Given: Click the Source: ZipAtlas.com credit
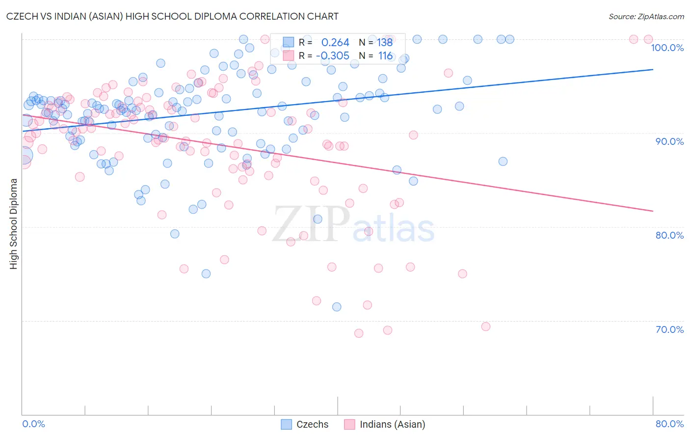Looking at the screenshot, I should coord(646,16).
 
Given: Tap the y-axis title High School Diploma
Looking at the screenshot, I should coord(14,223).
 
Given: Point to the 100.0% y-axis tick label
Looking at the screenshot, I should coord(667,48).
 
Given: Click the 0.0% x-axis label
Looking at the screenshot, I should coord(33,424).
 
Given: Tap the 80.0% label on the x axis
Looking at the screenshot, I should coord(669,424).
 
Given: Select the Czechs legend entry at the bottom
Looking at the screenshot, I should coord(305,424).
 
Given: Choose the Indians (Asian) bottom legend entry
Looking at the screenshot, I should coord(385,424).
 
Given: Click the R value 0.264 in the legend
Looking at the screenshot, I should coord(335,43).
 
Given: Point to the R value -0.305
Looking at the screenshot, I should coord(333,56).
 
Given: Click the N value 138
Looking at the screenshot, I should coord(385,43).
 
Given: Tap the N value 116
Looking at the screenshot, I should coord(385,56).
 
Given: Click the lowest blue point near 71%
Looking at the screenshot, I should coord(337,307).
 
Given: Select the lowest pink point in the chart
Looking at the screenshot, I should coord(359,333).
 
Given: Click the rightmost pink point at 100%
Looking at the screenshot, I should coord(648,39).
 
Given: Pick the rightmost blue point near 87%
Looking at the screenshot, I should coord(503,162).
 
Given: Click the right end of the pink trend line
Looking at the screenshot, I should coord(653,211).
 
